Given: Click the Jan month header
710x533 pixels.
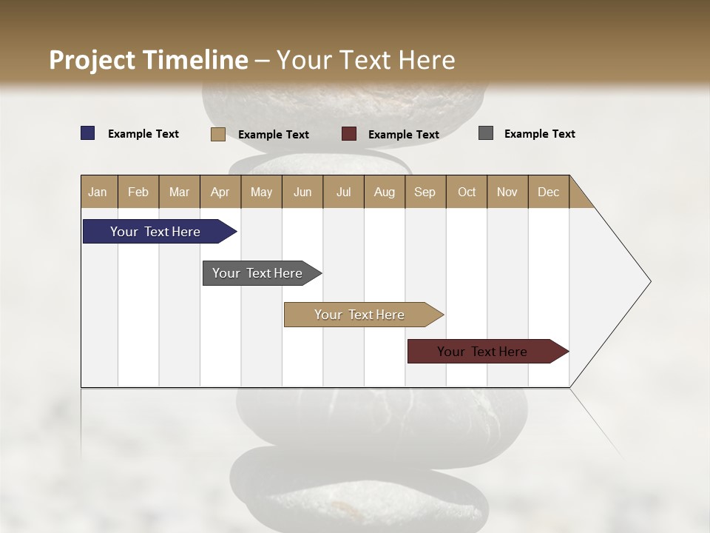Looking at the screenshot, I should click(x=98, y=192).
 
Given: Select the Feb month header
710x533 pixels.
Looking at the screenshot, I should click(x=138, y=192).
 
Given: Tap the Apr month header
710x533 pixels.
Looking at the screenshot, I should click(x=220, y=192).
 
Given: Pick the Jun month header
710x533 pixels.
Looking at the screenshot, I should click(x=302, y=192).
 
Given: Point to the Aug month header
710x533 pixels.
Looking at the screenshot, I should click(x=384, y=192).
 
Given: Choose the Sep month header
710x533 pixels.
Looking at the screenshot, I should click(x=425, y=192).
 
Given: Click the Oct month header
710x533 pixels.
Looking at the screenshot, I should click(x=467, y=192).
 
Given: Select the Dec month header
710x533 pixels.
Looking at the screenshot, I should click(x=548, y=192).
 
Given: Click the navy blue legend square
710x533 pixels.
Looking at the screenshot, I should click(x=88, y=133).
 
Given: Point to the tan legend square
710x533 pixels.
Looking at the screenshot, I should click(x=218, y=134).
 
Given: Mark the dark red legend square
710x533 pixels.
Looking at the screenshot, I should click(x=349, y=134).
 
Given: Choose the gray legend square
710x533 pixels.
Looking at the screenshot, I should click(x=486, y=133).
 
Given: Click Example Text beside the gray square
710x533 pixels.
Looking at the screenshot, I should click(x=539, y=134).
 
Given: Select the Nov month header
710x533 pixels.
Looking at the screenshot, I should click(x=507, y=192).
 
